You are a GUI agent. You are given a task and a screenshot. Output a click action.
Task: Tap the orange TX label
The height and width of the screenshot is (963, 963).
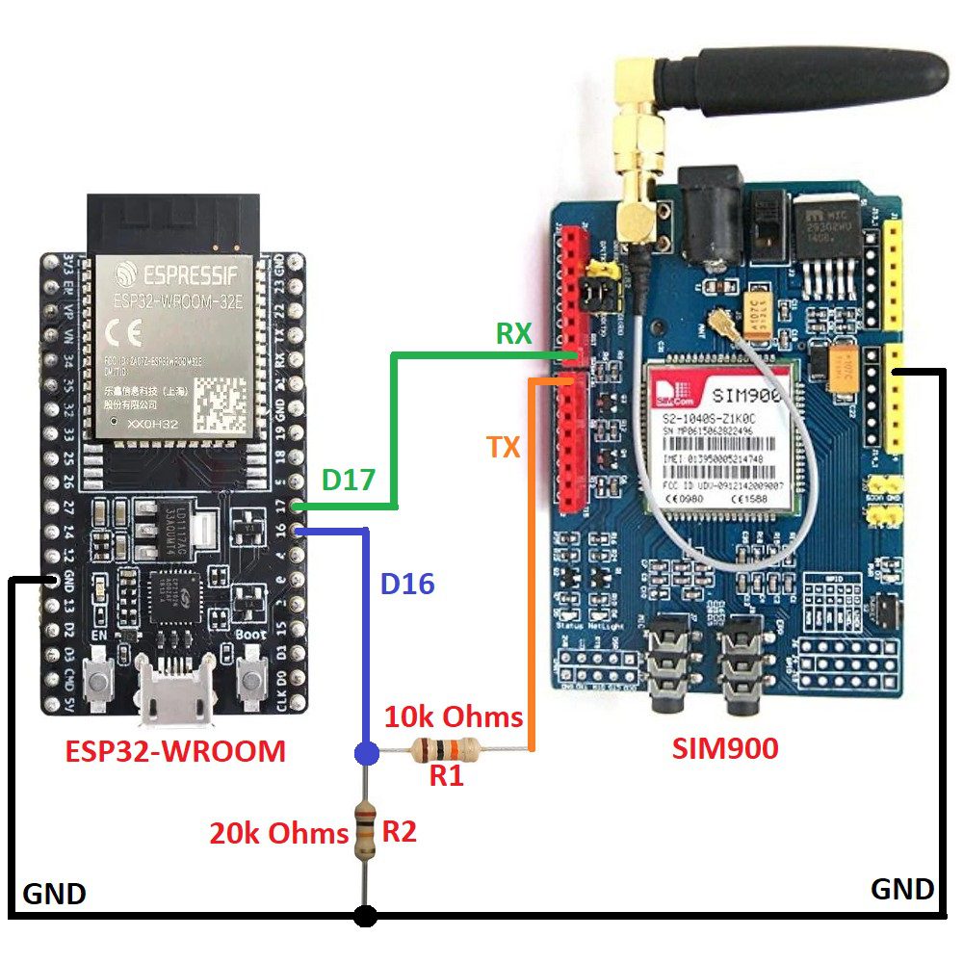(504, 447)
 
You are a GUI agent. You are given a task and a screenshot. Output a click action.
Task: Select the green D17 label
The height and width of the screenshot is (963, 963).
(348, 480)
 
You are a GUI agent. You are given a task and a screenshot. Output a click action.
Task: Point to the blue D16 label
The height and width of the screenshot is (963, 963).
(407, 583)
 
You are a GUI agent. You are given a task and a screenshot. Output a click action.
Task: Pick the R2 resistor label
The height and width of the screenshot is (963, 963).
(399, 831)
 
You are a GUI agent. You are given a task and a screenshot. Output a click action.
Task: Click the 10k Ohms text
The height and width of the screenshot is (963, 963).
(454, 717)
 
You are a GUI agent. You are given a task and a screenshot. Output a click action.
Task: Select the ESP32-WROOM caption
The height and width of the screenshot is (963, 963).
(175, 750)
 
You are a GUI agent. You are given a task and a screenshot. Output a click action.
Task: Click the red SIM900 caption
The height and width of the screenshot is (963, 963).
(725, 747)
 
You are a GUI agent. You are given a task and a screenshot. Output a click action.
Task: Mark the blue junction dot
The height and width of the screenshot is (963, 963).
(365, 752)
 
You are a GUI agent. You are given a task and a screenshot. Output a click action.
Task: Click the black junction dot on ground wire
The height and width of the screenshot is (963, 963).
(365, 915)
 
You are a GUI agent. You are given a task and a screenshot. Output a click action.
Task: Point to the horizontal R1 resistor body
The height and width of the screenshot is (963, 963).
(444, 748)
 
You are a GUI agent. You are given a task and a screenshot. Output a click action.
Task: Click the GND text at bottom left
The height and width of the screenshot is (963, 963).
(54, 894)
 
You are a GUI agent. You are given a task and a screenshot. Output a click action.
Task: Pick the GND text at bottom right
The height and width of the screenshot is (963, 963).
(902, 888)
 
